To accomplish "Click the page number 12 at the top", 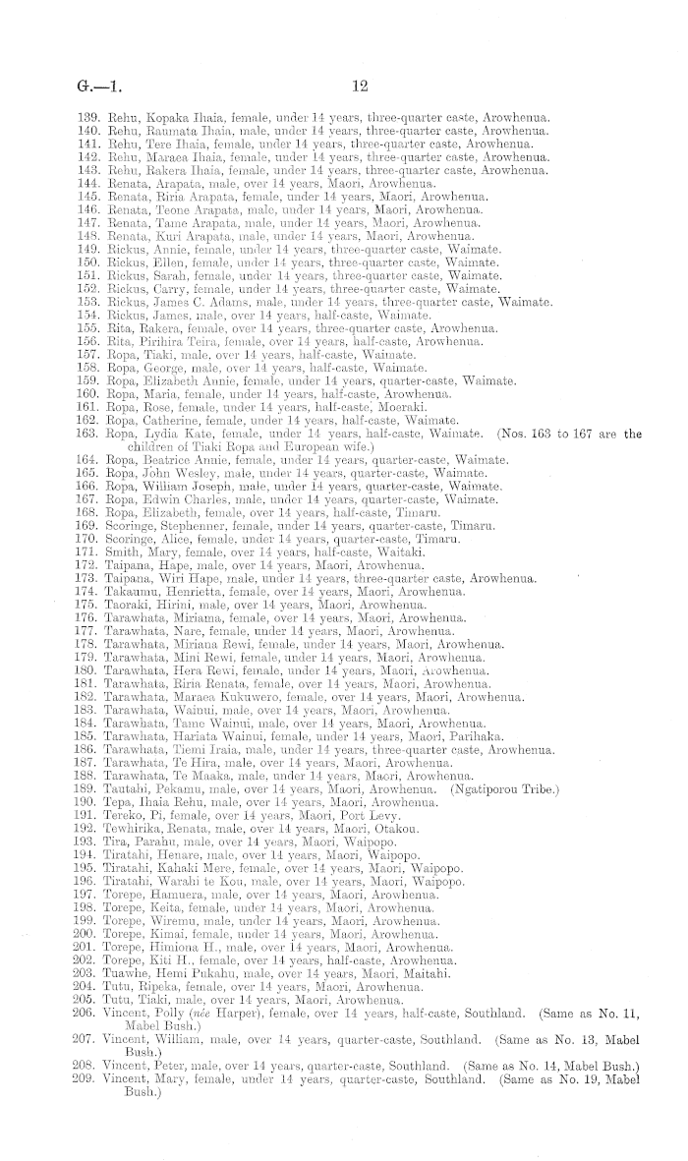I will pyautogui.click(x=359, y=87).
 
